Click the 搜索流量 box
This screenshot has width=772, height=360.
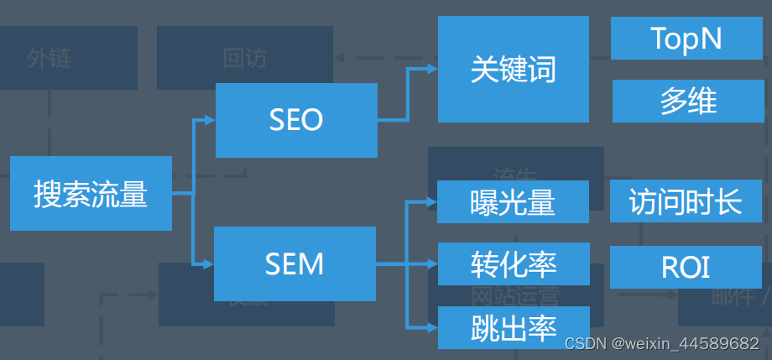click(91, 193)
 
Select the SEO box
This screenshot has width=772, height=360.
click(295, 120)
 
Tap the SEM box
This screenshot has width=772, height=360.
click(295, 264)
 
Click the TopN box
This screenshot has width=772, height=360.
click(686, 39)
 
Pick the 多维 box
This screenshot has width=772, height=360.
click(687, 101)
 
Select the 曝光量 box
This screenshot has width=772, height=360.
click(512, 201)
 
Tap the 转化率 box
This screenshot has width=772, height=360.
click(513, 264)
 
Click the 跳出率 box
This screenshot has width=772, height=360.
click(513, 327)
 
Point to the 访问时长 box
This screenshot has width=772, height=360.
click(686, 201)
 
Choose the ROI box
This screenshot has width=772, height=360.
click(686, 267)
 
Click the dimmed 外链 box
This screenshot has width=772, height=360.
click(50, 58)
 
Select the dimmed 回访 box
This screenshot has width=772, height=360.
click(244, 58)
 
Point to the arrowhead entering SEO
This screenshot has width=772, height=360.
click(210, 120)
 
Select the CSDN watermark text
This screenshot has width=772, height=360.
click(661, 344)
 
